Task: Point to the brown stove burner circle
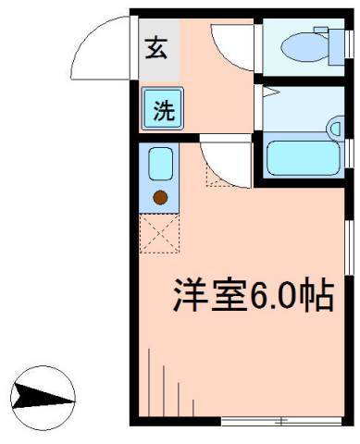coord(160,196)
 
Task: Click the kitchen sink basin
coord(160,165)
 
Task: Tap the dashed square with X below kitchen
coord(157,233)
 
